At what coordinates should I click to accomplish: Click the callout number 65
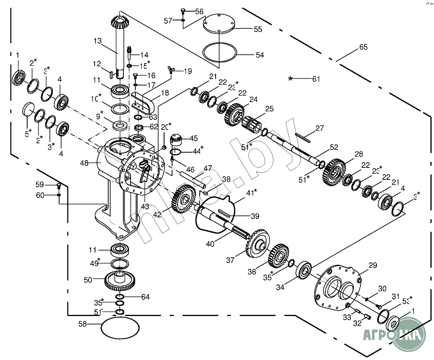pyautogui.click(x=363, y=47)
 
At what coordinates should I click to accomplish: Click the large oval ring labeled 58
pyautogui.click(x=120, y=328)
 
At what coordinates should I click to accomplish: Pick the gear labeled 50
pyautogui.click(x=120, y=280)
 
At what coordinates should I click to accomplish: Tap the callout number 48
pyautogui.click(x=84, y=163)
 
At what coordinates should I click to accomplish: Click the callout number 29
pyautogui.click(x=372, y=265)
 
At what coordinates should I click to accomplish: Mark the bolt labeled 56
pyautogui.click(x=183, y=11)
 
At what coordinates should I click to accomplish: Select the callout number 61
pyautogui.click(x=316, y=79)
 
